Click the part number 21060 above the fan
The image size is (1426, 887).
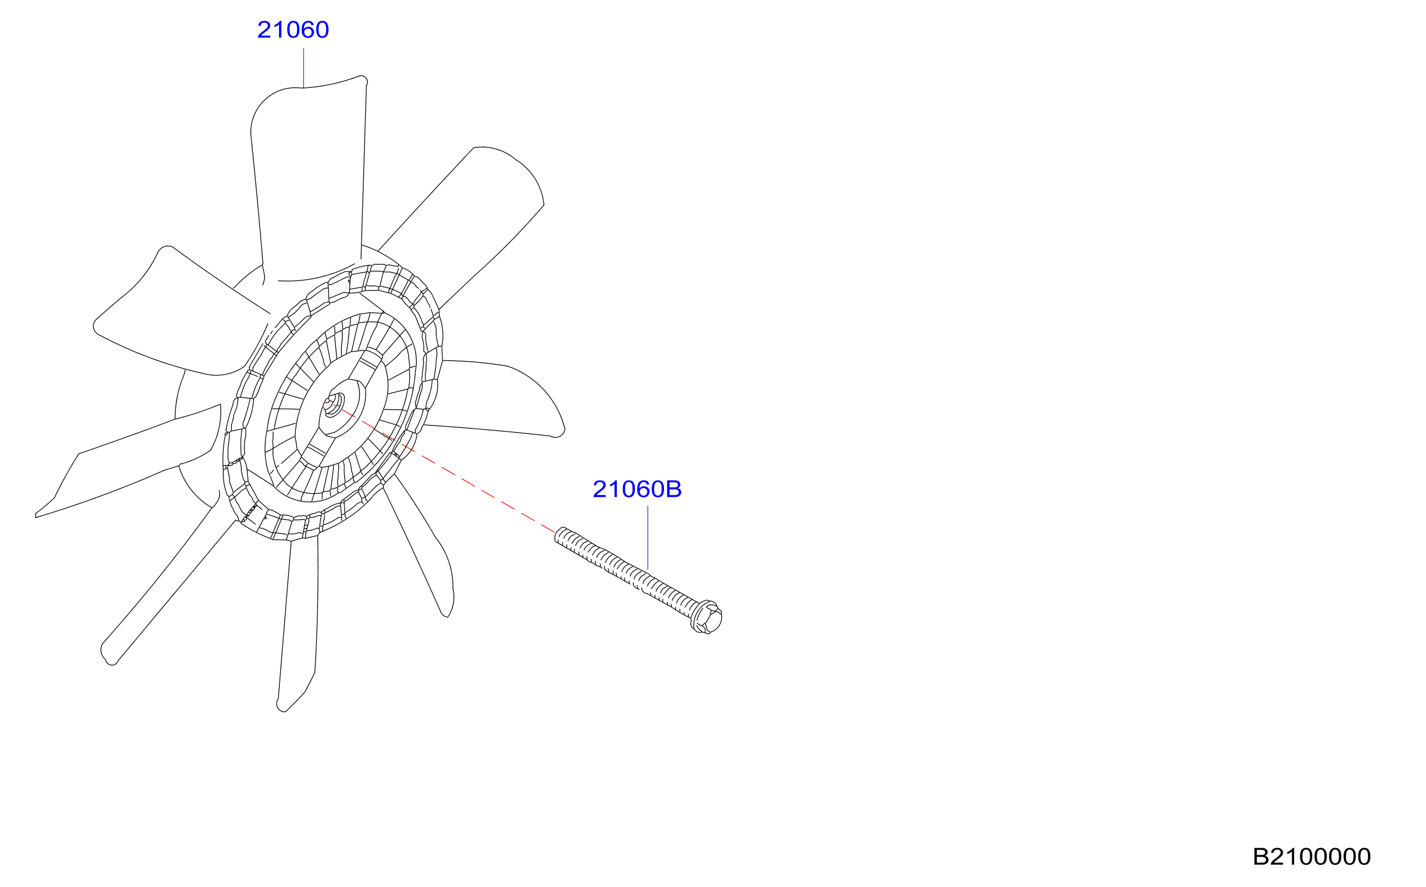coord(293,30)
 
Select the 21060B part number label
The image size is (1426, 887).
coord(637,490)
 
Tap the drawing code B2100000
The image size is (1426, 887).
coord(1311,857)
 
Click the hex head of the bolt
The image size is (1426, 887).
coord(707,617)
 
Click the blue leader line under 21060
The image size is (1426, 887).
coord(304,68)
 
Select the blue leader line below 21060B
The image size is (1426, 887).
coord(648,538)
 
